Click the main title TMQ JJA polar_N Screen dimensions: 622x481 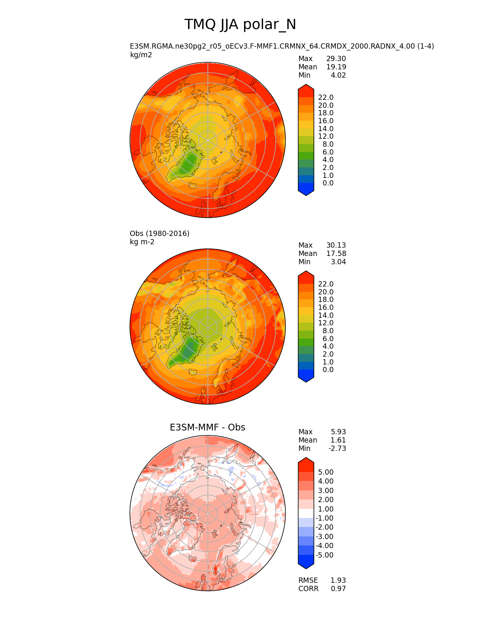point(240,25)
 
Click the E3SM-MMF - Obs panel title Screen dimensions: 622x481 point(207,427)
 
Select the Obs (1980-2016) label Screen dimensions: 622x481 point(160,234)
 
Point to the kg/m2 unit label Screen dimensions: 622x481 point(141,55)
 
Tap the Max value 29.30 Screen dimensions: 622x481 point(336,59)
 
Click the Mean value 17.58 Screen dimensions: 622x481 point(336,254)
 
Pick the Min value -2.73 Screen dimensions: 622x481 point(337,449)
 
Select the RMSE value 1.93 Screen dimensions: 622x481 point(338,581)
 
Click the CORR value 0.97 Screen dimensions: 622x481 point(338,589)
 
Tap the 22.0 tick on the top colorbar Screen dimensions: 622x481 point(326,98)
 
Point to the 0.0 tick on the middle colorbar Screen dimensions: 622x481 point(328,370)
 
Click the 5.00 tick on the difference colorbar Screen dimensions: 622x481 point(326,472)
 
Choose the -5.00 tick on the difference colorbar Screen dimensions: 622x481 point(324,555)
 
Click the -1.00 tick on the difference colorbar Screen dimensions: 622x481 point(324,518)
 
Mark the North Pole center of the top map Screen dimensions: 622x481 point(207,140)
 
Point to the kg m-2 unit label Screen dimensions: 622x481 point(142,242)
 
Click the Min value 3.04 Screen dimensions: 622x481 point(338,262)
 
